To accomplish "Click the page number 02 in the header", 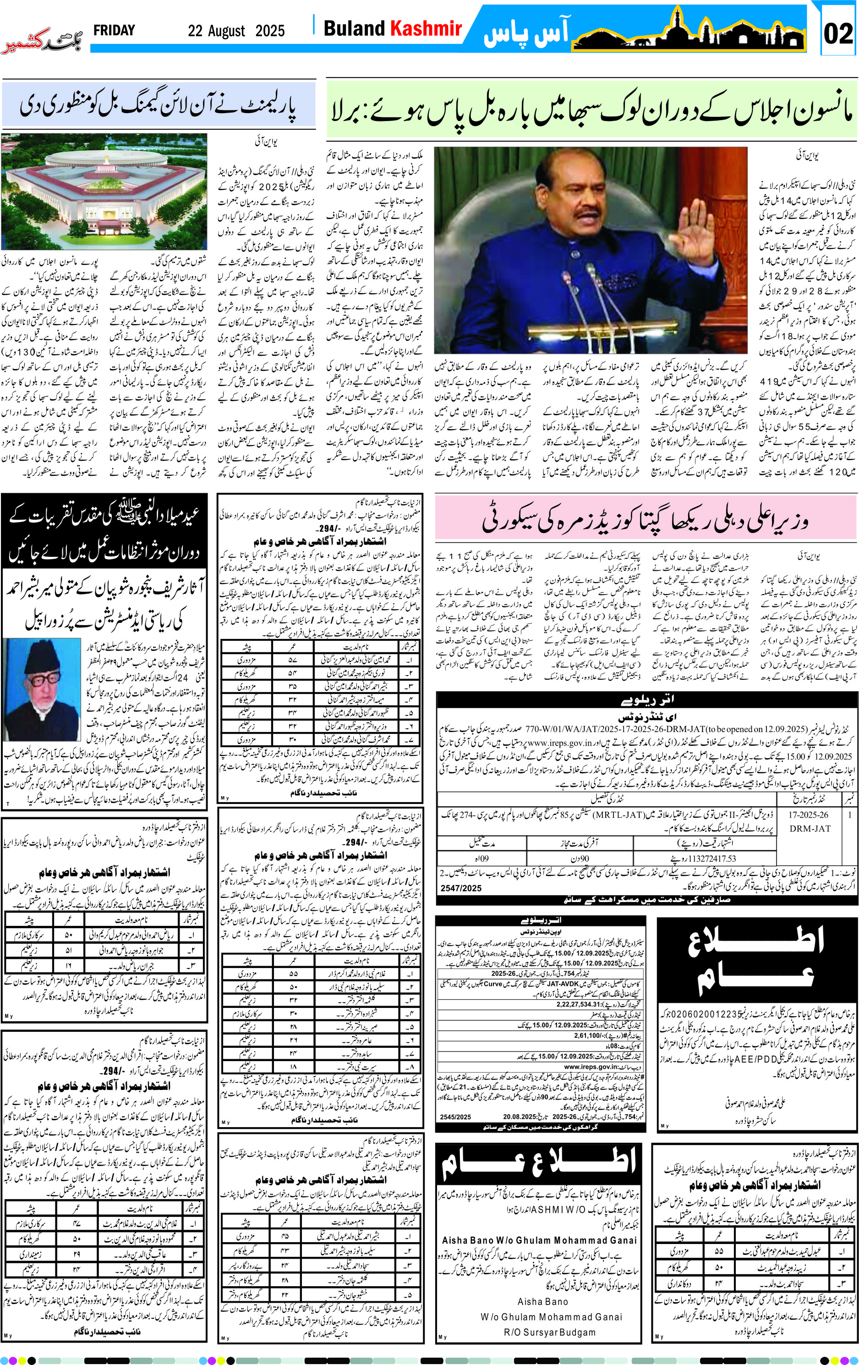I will (838, 34).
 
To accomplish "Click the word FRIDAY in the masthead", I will (114, 31).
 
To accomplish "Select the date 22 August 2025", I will (236, 31).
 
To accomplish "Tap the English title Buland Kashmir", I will (392, 29).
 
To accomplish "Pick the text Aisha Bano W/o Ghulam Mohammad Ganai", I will (539, 1240).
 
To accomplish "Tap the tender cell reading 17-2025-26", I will (808, 815).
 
